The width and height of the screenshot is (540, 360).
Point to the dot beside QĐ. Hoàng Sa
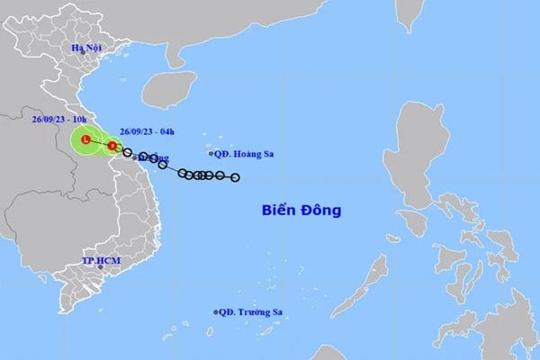tap(211, 154)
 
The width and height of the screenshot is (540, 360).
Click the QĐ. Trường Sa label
tap(253, 312)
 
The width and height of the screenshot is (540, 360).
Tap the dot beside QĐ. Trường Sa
tap(217, 312)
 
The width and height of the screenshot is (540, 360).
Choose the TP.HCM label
tap(101, 261)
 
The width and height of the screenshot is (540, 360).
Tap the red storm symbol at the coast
tap(112, 146)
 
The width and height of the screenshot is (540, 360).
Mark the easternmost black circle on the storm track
tap(236, 177)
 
